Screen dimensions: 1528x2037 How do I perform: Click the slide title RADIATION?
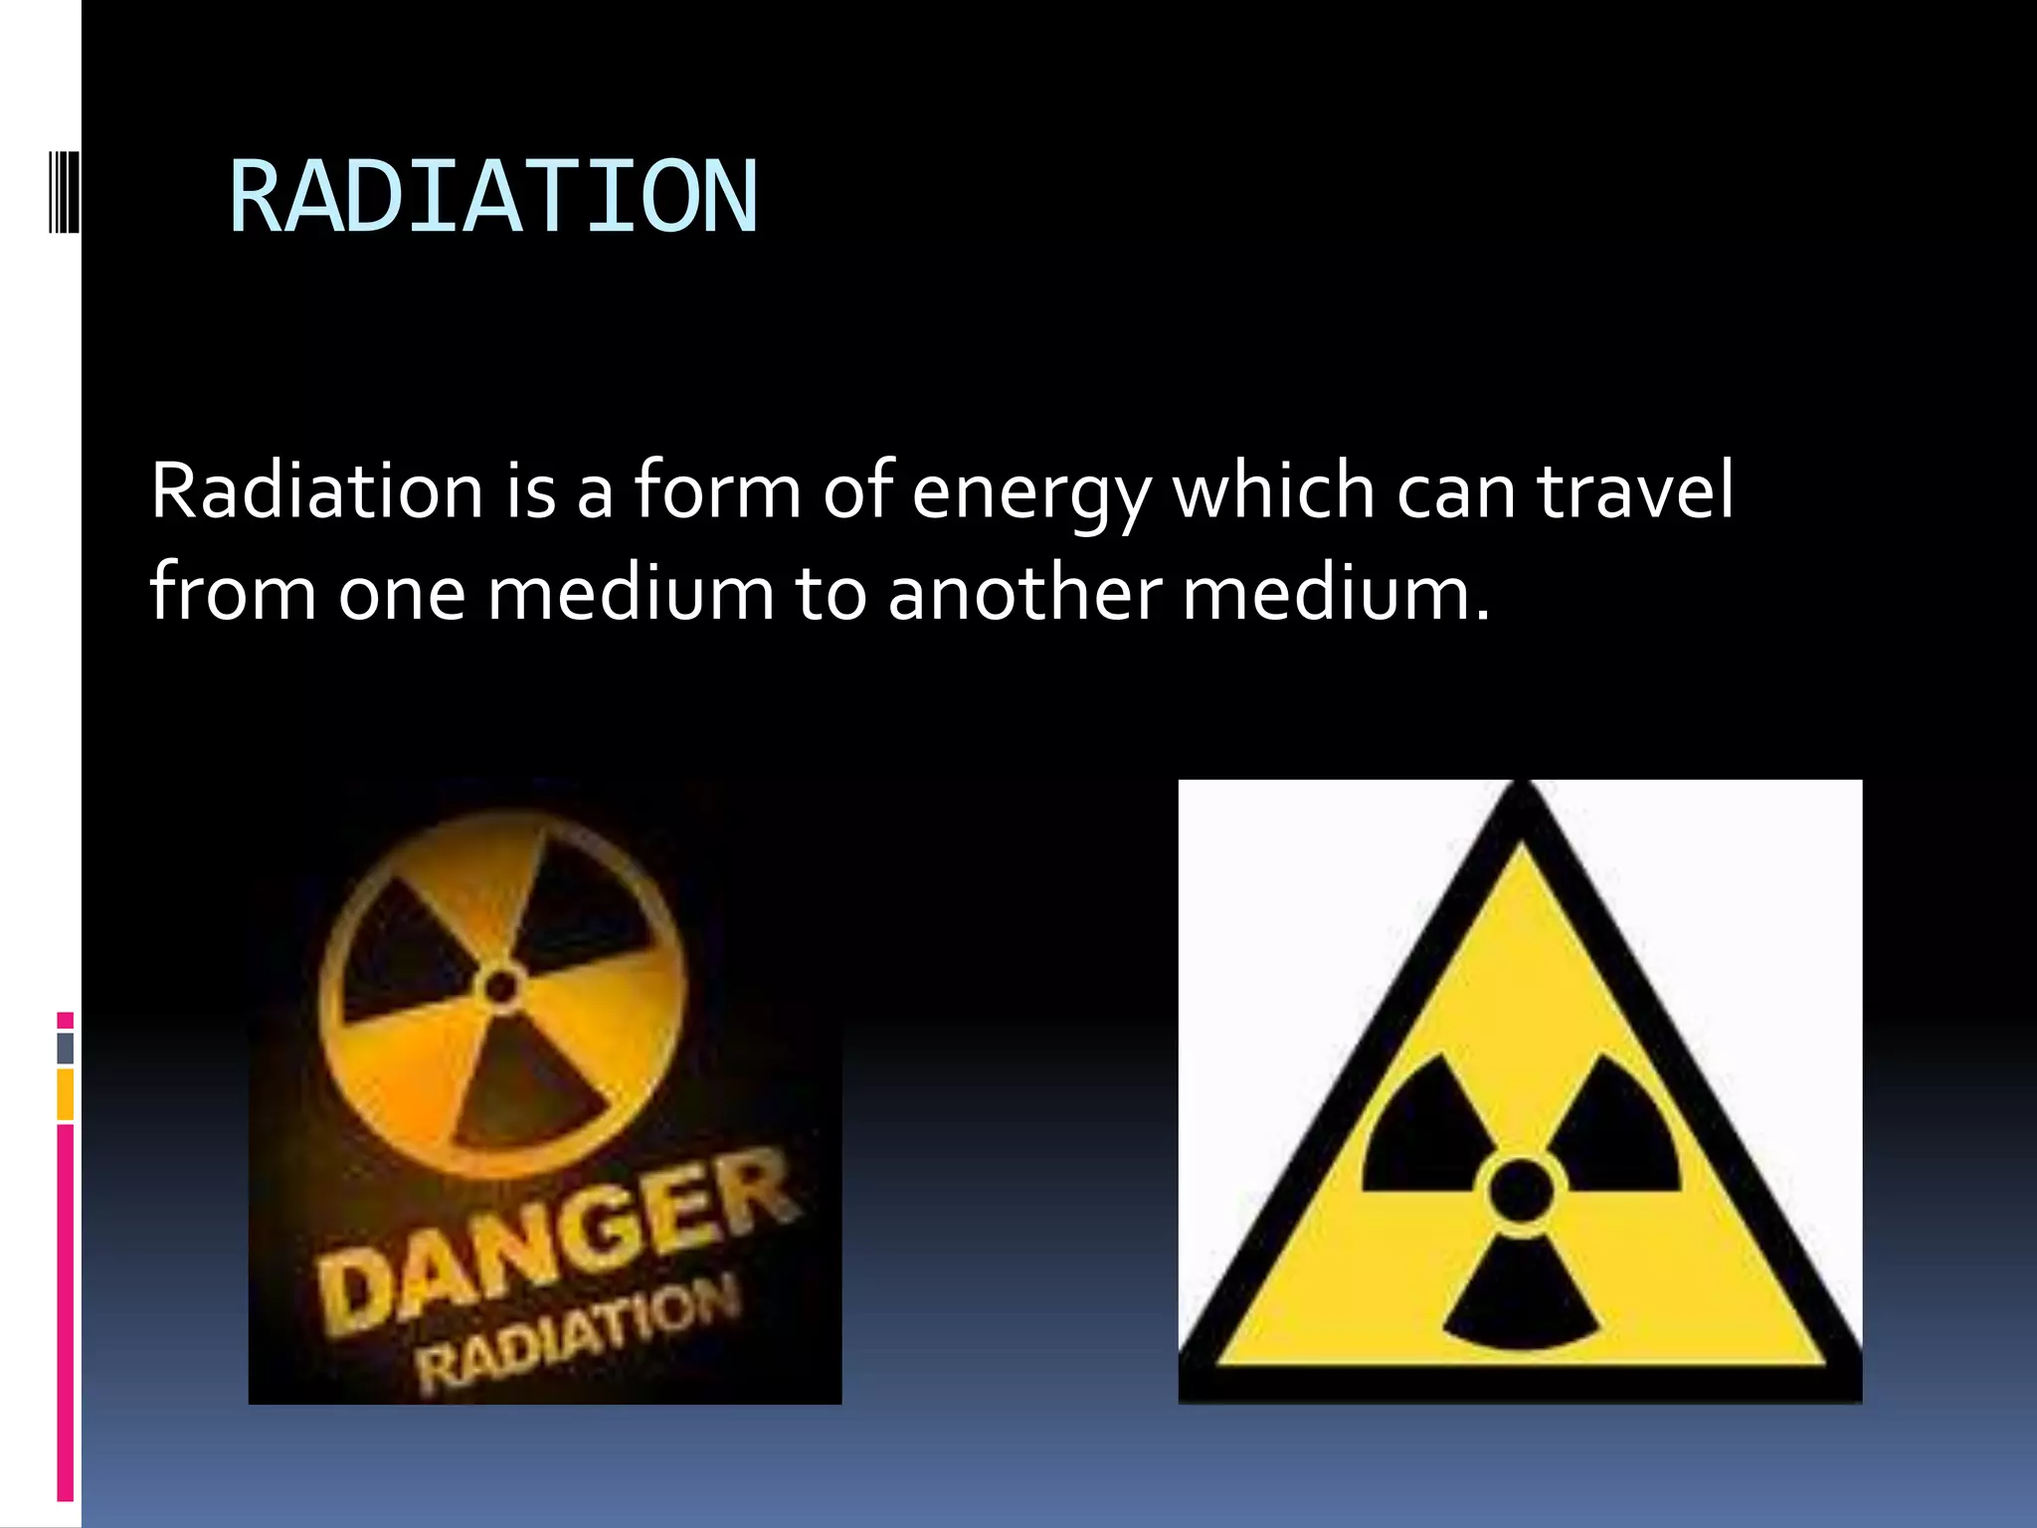493,197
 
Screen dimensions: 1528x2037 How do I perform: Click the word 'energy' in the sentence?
1030,493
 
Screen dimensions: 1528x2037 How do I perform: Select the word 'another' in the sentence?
1023,593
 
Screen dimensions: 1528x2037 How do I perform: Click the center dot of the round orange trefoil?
500,987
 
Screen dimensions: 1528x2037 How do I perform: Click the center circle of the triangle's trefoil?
1520,1190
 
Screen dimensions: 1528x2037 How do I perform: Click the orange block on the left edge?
65,1094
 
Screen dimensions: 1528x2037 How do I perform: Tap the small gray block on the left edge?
65,1048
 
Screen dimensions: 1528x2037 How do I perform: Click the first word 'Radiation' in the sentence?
316,491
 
